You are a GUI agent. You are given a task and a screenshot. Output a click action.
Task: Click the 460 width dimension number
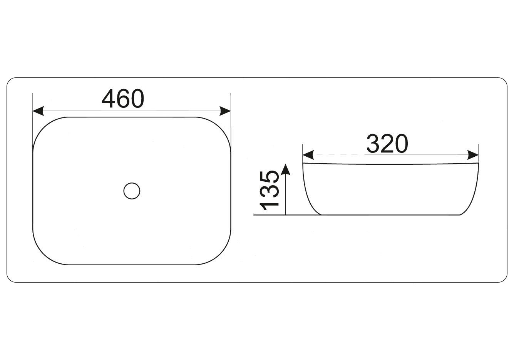point(123,99)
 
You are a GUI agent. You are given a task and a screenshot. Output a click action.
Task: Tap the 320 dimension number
point(387,144)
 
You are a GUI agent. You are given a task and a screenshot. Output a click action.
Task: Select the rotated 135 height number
point(269,191)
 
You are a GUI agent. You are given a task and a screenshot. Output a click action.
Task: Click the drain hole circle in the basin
point(132,191)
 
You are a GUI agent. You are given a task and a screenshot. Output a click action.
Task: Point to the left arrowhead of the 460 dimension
point(38,111)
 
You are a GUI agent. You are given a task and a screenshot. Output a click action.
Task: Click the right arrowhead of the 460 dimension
point(225,111)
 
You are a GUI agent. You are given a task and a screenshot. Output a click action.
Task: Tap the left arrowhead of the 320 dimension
point(308,155)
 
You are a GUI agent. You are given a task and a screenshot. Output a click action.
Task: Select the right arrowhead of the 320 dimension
point(473,155)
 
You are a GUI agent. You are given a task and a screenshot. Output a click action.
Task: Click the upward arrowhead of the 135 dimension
point(285,169)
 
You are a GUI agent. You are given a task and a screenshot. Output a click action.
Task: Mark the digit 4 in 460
point(109,99)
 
